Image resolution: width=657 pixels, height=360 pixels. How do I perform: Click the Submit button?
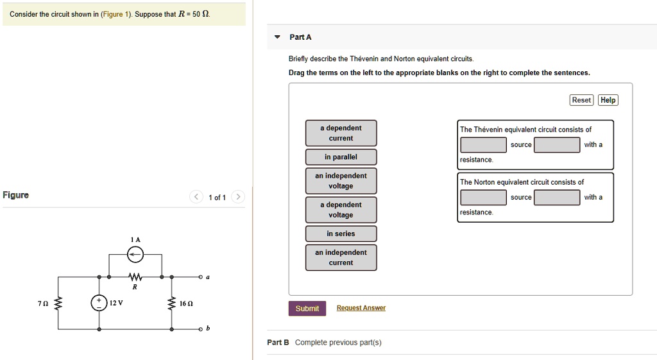click(307, 309)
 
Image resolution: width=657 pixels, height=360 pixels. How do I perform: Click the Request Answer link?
click(361, 309)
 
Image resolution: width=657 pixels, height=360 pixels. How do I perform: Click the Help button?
click(608, 100)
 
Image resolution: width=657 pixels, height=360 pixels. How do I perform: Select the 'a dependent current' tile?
click(341, 133)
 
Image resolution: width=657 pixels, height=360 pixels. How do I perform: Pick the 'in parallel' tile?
click(341, 157)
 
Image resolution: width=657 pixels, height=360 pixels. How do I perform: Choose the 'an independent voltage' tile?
click(341, 181)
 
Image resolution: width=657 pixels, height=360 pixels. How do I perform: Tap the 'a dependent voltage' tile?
click(341, 210)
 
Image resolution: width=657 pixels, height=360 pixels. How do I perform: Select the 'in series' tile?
click(341, 234)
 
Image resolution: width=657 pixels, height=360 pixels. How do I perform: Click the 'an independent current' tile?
click(341, 257)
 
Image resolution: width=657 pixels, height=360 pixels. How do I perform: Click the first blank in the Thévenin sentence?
click(483, 145)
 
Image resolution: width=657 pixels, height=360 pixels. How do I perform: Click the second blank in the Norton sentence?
click(557, 197)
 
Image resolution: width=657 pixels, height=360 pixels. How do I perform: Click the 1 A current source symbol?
click(135, 255)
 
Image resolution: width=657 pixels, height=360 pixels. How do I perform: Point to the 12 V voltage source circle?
click(99, 303)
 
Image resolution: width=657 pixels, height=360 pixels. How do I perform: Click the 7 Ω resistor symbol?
click(58, 303)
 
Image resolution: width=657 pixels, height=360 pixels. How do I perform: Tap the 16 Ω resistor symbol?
click(171, 303)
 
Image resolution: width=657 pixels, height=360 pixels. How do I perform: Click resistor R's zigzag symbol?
click(135, 277)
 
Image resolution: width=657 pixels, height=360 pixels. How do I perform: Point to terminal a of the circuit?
click(200, 277)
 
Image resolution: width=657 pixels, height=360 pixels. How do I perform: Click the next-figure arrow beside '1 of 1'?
click(237, 197)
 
